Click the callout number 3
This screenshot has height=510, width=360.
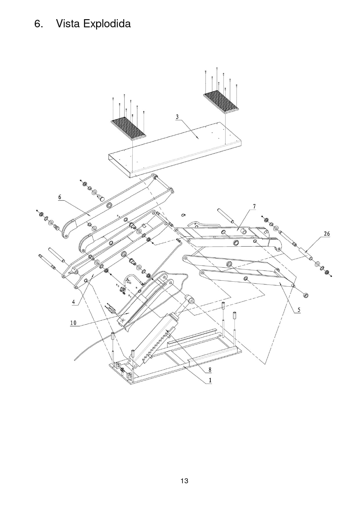point(177,117)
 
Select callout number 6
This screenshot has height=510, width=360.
point(60,197)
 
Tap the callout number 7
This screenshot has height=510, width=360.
point(254,207)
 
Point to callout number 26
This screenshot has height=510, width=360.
point(327,234)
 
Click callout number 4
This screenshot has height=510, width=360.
point(74,302)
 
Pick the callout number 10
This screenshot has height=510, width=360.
point(73,323)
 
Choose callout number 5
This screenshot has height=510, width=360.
point(299,310)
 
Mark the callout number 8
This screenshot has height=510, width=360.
point(210,370)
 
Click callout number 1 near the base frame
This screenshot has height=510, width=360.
point(210,380)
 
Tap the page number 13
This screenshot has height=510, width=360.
point(184,481)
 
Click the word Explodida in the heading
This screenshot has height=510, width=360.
point(107,24)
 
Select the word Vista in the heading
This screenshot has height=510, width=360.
point(68,23)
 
